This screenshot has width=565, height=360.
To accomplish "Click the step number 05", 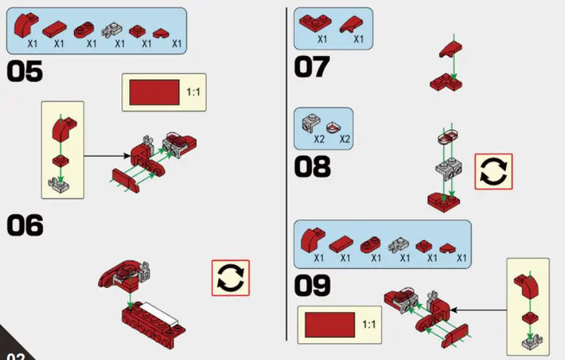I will [25, 71].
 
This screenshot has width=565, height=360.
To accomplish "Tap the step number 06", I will [25, 225].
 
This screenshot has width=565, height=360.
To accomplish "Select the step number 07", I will [312, 67].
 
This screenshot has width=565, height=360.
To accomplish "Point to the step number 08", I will [312, 167].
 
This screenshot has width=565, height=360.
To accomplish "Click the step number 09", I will [312, 285].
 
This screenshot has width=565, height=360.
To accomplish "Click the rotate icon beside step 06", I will [231, 278].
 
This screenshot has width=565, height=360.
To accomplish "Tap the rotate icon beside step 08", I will [494, 172].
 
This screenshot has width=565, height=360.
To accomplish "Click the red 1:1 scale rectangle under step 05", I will [155, 92].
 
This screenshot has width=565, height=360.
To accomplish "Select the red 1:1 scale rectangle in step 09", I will [329, 324].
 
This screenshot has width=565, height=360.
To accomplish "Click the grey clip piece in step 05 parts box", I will [118, 29].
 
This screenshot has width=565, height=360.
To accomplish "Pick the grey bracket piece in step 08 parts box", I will [312, 122].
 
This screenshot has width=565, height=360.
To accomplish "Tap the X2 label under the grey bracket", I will [319, 138].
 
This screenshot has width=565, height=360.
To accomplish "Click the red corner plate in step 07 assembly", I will [446, 83].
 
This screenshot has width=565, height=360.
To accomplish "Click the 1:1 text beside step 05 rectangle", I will [193, 92].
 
